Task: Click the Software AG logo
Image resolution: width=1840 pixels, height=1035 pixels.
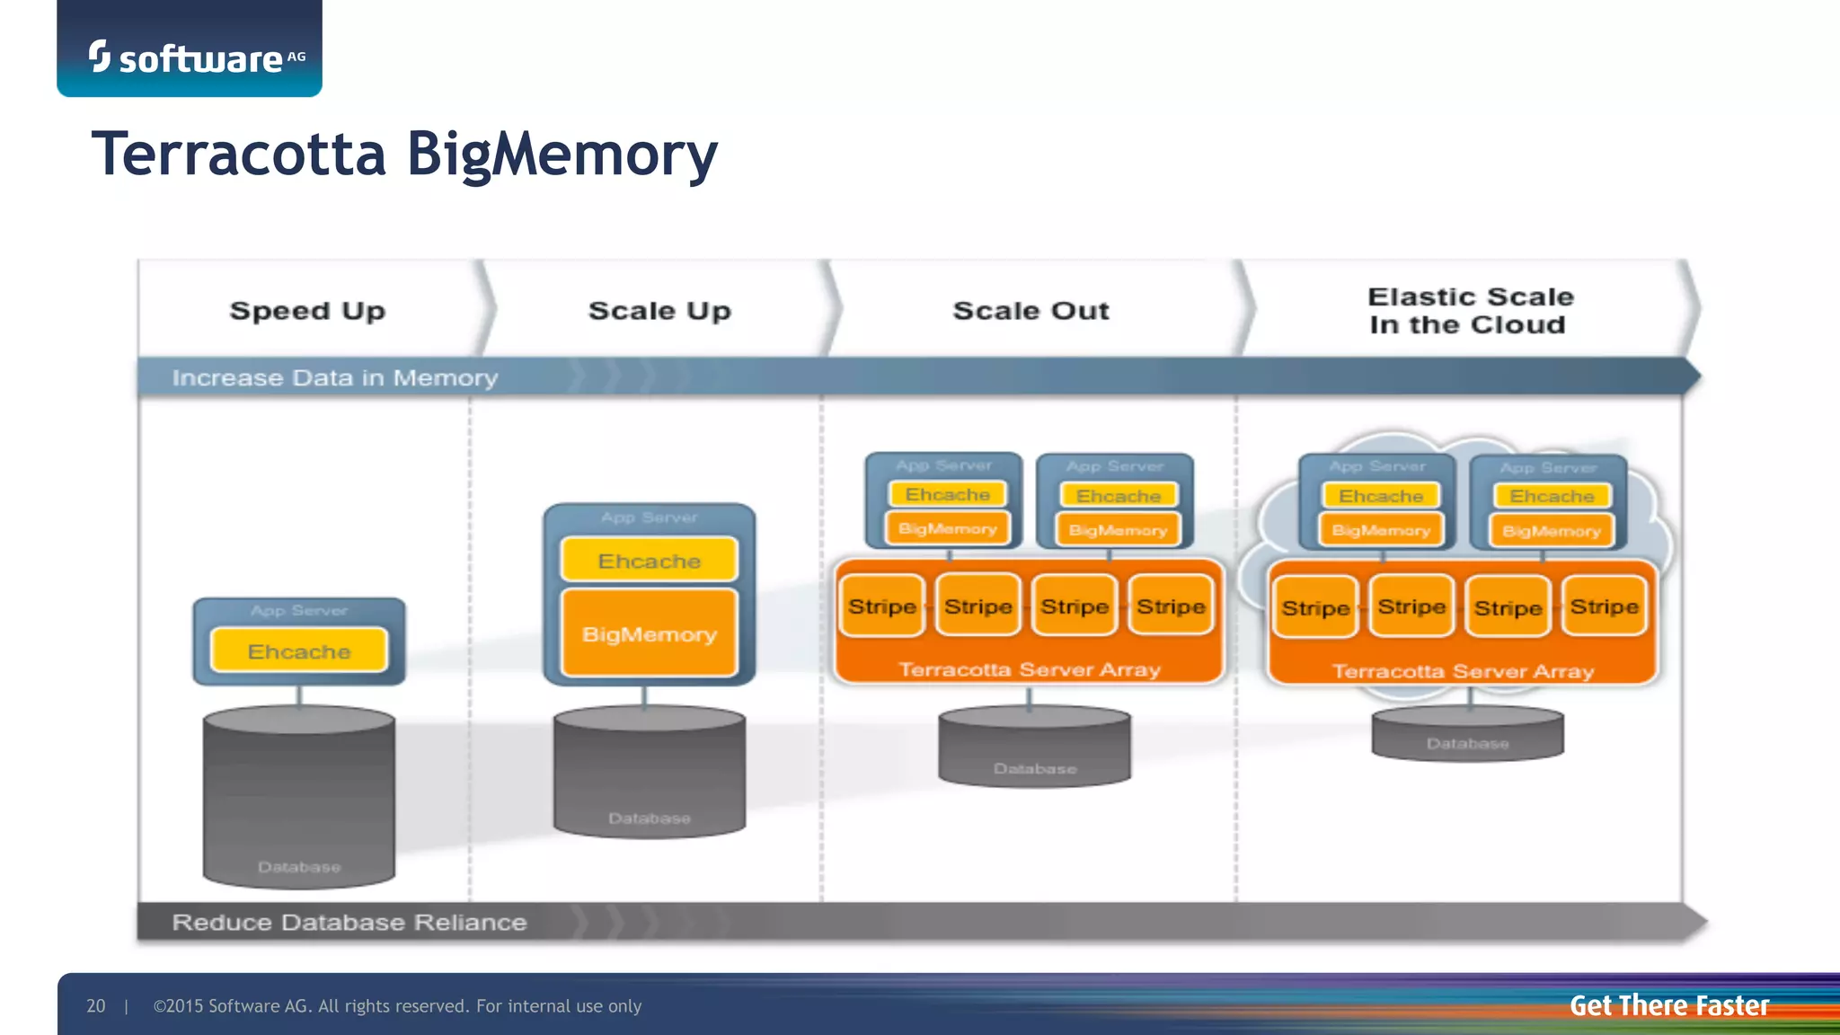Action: [x=197, y=57]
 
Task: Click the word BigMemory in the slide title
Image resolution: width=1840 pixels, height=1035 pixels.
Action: [x=562, y=155]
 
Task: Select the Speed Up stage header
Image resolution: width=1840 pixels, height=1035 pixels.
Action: [x=307, y=311]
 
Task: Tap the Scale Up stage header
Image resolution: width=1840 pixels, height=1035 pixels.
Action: [x=659, y=311]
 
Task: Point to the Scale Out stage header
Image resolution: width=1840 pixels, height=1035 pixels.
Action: [x=1031, y=311]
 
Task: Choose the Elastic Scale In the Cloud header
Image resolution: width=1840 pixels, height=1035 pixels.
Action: [x=1469, y=311]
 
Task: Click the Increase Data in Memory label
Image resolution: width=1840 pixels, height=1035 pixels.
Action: [x=334, y=378]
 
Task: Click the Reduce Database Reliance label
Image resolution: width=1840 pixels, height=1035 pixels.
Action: [x=349, y=923]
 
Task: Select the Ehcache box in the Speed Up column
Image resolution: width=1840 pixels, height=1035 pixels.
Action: [x=299, y=650]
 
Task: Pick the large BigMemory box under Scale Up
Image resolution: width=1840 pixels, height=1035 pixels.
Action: [x=649, y=633]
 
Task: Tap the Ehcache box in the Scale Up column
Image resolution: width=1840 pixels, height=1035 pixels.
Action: [x=649, y=561]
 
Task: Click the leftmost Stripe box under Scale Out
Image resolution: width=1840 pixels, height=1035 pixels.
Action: [x=882, y=606]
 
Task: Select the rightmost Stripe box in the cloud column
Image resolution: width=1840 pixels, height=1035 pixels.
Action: [x=1604, y=607]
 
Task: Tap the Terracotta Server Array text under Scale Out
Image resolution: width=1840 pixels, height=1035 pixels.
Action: [x=1030, y=669]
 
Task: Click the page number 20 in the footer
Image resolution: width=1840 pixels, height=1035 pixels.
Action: [x=95, y=1006]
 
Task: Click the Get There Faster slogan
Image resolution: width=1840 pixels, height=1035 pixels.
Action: [x=1668, y=1005]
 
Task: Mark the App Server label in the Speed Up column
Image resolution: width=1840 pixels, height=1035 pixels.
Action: [x=299, y=611]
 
